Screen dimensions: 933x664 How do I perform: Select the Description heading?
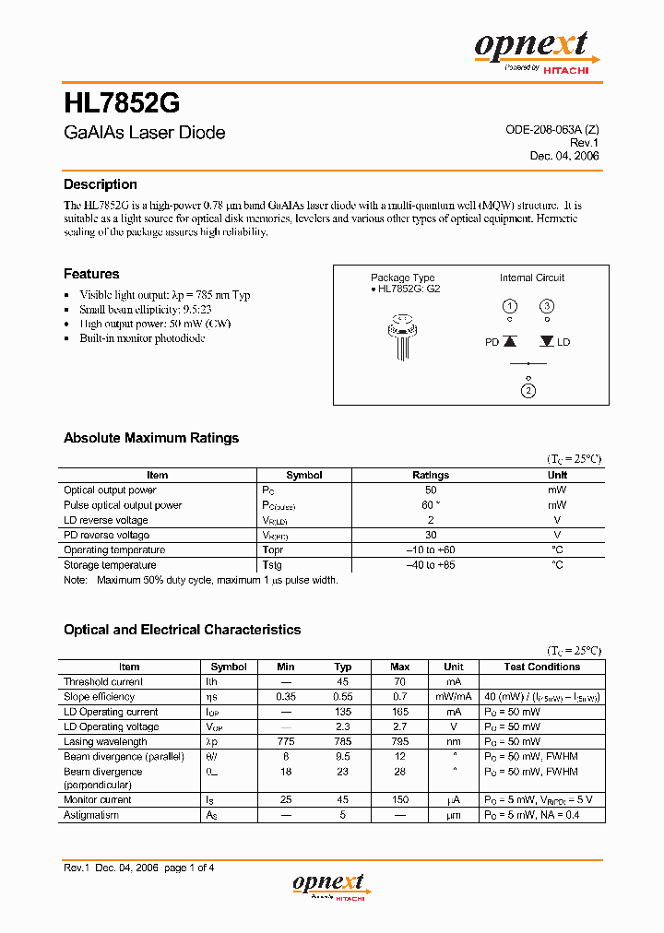100,184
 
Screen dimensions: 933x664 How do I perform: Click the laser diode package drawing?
401,337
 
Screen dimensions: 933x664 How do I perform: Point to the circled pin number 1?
509,306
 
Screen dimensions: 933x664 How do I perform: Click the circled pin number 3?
547,306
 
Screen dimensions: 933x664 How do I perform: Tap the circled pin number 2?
528,391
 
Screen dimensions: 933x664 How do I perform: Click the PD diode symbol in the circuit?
509,341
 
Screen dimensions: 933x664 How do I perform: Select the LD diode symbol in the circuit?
547,341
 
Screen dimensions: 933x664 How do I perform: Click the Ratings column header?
431,476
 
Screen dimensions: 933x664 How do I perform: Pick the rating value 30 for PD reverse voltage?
431,535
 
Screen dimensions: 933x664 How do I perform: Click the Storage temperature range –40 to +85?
431,565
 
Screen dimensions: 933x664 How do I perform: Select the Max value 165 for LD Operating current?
400,712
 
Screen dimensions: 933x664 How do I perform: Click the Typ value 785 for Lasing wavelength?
343,741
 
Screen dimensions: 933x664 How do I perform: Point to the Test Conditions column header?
542,667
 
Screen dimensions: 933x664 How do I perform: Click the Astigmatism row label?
91,815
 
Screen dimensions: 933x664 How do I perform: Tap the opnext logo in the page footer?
330,886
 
